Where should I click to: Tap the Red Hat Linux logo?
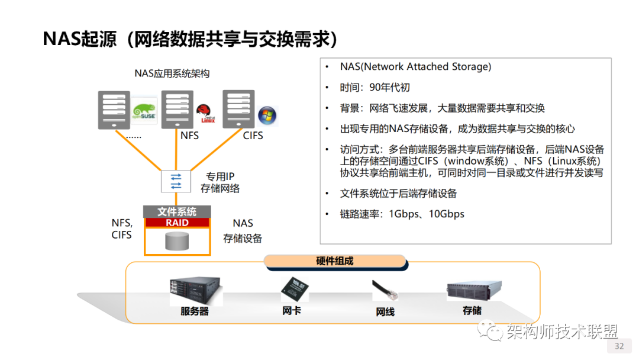[x=205, y=111]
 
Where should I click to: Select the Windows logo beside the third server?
[x=267, y=115]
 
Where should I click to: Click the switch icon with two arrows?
[x=176, y=181]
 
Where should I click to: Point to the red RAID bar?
[x=177, y=223]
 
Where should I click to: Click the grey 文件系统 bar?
[x=177, y=212]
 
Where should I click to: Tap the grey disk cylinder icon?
[x=177, y=241]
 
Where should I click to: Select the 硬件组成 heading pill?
[x=335, y=261]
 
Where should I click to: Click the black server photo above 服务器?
[x=195, y=290]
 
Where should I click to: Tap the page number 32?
[x=619, y=346]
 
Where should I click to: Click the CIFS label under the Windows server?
[x=253, y=136]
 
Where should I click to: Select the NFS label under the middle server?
[x=190, y=136]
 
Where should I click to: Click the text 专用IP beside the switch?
[x=220, y=176]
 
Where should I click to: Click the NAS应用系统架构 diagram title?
[x=172, y=74]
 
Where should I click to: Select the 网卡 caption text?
[x=292, y=310]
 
